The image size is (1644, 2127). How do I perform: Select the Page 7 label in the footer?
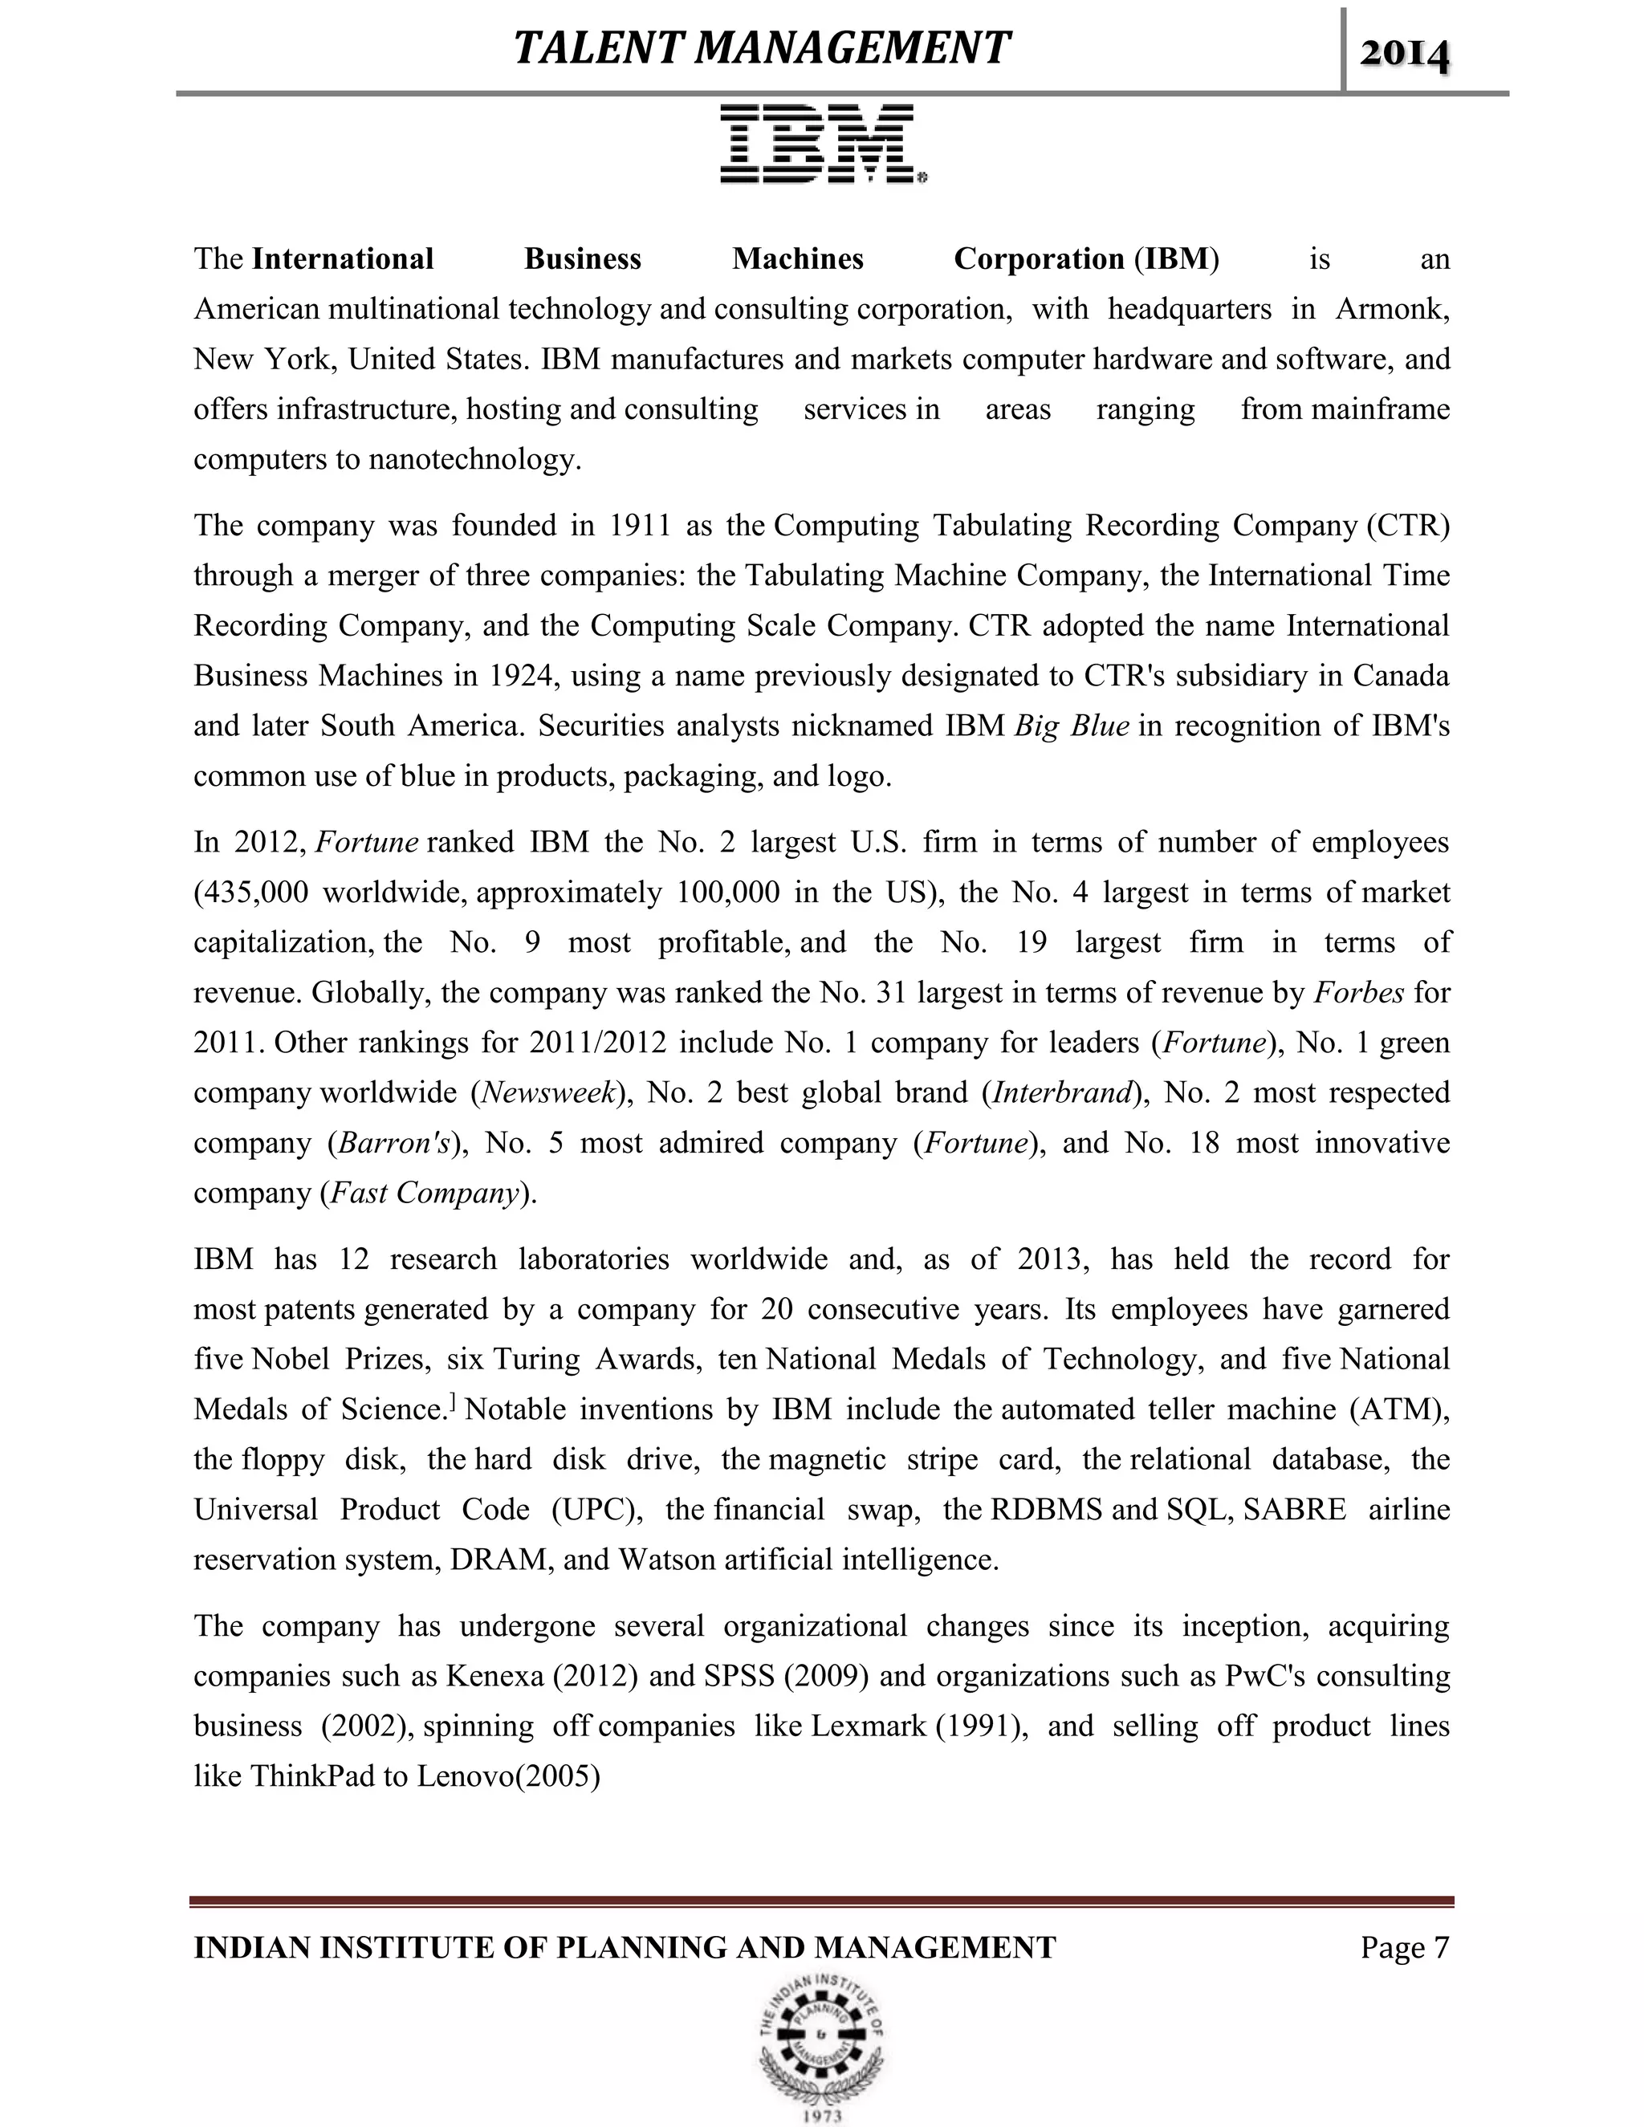click(1405, 1947)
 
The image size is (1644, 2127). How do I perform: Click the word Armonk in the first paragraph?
click(1392, 309)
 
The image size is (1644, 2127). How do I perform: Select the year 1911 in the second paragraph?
click(640, 525)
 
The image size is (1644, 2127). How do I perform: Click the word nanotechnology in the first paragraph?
click(474, 458)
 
